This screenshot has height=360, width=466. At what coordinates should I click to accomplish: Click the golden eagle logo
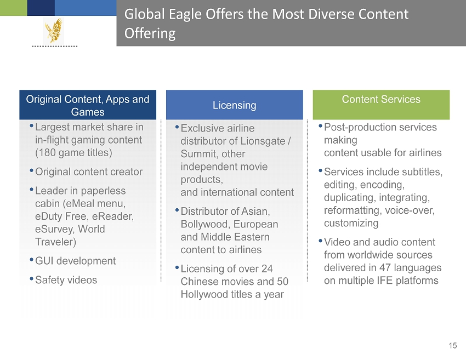(x=54, y=30)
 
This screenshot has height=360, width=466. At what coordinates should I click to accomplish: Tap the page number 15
(x=453, y=346)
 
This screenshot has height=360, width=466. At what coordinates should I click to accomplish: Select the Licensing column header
(x=235, y=105)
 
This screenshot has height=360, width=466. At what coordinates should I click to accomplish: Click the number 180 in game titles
(x=47, y=153)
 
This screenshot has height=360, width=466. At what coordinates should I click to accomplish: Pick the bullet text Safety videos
(x=66, y=280)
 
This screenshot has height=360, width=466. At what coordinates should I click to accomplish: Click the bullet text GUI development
(x=76, y=261)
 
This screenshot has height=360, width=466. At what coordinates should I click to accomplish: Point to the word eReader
(x=113, y=216)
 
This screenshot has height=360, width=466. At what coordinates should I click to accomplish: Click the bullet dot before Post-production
(x=320, y=126)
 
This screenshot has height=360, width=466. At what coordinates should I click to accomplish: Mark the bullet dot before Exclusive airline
(x=177, y=127)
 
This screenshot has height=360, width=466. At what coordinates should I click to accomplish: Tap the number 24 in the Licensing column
(x=267, y=269)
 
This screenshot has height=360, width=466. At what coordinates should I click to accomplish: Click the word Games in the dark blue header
(x=88, y=112)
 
